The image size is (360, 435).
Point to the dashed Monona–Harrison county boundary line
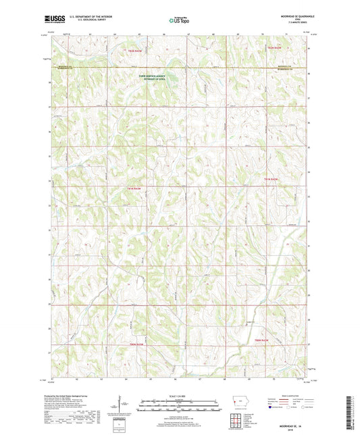[203, 67]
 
